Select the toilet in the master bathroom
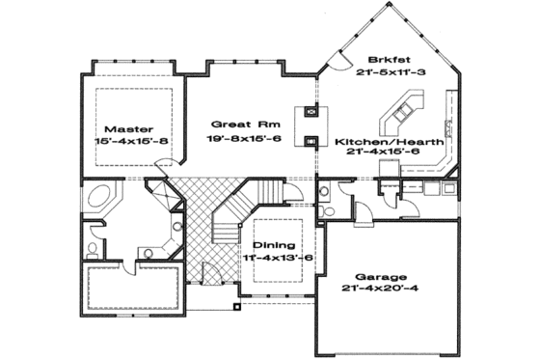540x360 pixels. click(93, 249)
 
